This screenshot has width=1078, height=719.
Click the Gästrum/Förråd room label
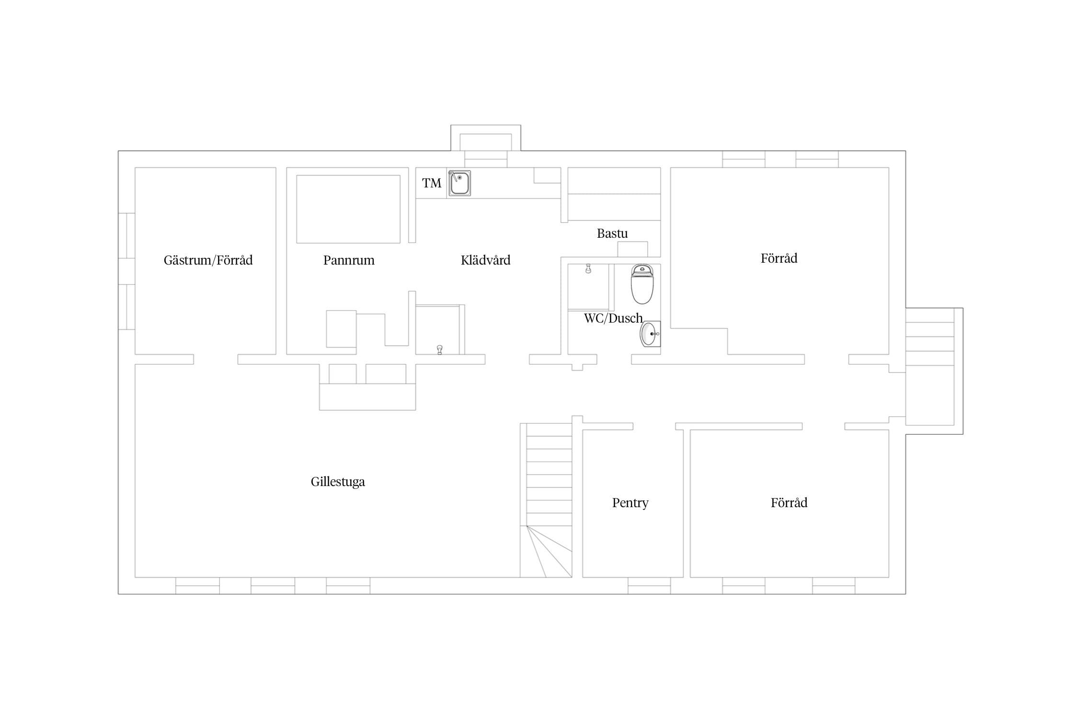pyautogui.click(x=208, y=260)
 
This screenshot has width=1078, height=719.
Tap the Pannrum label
pyautogui.click(x=349, y=260)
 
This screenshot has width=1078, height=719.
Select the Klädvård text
pyautogui.click(x=485, y=260)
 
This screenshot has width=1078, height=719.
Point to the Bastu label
pyautogui.click(x=612, y=233)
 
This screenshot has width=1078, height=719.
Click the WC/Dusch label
pyautogui.click(x=613, y=318)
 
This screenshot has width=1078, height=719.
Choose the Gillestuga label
pyautogui.click(x=338, y=482)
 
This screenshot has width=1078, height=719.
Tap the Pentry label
pyautogui.click(x=630, y=503)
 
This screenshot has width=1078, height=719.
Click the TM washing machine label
pyautogui.click(x=432, y=183)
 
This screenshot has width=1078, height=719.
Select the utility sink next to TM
pyautogui.click(x=459, y=183)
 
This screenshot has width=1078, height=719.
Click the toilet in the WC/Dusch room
pyautogui.click(x=642, y=284)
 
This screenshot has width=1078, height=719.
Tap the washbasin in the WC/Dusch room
pyautogui.click(x=650, y=334)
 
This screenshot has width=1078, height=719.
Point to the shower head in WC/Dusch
pyautogui.click(x=588, y=268)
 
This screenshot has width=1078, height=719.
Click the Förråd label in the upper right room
pyautogui.click(x=779, y=258)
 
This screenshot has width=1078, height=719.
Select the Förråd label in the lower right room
pyautogui.click(x=789, y=503)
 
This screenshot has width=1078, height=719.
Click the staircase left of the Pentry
pyautogui.click(x=546, y=500)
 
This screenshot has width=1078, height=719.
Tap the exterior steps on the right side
pyautogui.click(x=930, y=367)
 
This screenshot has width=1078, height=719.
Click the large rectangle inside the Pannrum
pyautogui.click(x=348, y=209)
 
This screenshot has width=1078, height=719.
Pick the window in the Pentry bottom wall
pyautogui.click(x=649, y=586)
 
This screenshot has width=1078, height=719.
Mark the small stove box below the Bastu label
pyautogui.click(x=632, y=249)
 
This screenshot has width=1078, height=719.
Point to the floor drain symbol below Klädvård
pyautogui.click(x=440, y=350)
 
